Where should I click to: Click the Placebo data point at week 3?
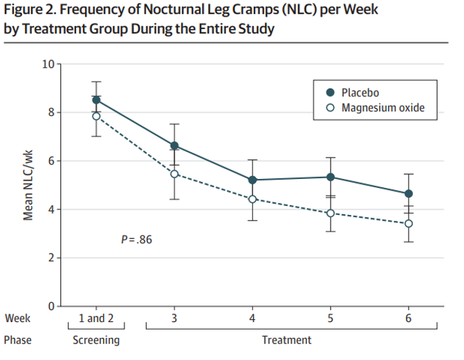[174, 146]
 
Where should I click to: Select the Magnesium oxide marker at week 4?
[252, 199]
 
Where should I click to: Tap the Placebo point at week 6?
[409, 193]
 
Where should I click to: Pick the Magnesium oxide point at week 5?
[331, 213]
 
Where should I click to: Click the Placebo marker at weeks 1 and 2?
[97, 100]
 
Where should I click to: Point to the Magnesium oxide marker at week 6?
[409, 223]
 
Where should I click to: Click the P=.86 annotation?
[136, 240]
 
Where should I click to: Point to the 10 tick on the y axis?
[48, 64]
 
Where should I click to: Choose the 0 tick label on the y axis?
[51, 306]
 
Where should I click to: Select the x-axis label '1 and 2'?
[97, 319]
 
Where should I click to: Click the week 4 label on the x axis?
[252, 319]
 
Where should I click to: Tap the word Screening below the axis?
[96, 340]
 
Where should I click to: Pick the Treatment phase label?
[286, 340]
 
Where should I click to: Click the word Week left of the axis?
[17, 319]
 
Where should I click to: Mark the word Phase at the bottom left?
[18, 340]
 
